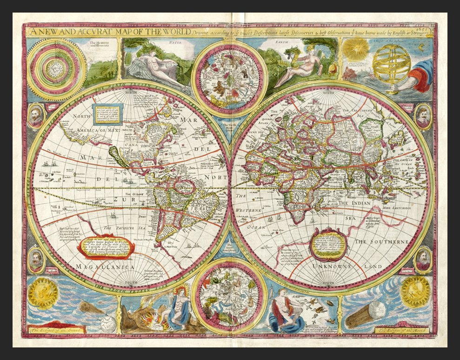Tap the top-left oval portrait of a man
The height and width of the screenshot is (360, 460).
coord(36,115)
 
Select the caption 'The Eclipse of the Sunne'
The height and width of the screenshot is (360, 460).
coord(56,330)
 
